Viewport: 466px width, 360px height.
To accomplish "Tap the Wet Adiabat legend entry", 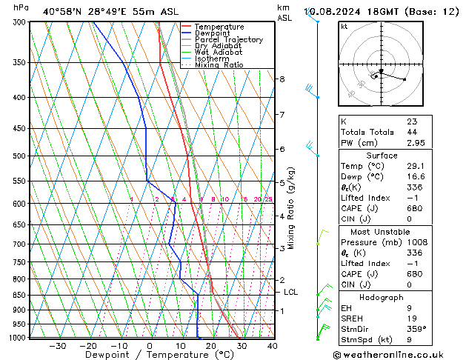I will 218,52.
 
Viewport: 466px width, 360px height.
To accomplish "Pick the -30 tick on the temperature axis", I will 57,345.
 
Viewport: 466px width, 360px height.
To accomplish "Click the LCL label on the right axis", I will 290,293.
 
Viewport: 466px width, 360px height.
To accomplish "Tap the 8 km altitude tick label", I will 282,79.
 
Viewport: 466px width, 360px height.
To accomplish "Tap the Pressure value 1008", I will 416,242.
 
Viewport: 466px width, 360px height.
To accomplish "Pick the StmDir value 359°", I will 416,329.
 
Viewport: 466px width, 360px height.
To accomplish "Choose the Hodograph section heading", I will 381,296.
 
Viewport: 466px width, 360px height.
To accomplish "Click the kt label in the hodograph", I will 344,27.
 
